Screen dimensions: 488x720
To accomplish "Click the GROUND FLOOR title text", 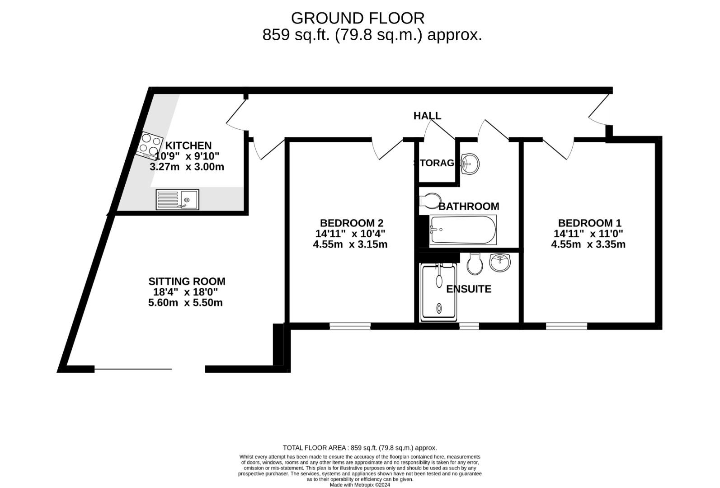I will pos(358,18).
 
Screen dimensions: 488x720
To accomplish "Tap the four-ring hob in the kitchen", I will pos(151,145).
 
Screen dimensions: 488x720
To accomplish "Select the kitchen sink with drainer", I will pos(177,199).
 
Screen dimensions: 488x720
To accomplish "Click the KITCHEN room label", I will pos(188,145).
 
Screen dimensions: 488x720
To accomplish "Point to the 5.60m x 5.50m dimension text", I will pos(185,303).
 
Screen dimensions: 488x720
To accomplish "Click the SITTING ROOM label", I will pos(187,282).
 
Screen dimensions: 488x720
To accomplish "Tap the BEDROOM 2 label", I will pos(351,223).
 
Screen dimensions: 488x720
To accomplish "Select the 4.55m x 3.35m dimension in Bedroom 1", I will pos(588,244).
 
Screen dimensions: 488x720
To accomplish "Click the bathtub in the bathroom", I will pos(463,229).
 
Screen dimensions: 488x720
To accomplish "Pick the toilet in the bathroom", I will pos(430,200).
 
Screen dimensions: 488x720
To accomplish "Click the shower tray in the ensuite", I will pos(439,291).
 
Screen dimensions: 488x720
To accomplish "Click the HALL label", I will pos(427,116).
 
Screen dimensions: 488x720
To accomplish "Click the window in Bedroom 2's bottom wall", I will pos(350,326).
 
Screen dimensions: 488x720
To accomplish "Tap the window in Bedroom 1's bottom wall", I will pos(566,326).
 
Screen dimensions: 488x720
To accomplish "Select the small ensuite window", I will pos(469,325).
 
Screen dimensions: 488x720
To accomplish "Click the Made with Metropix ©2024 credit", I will pos(360,485).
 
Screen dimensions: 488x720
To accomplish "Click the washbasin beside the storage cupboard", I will pos(470,163).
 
